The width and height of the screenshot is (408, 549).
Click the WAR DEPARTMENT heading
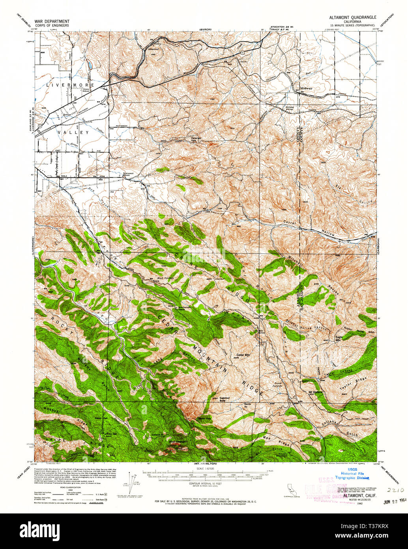click(x=52, y=21)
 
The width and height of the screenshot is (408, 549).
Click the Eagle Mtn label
click(x=339, y=338)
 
